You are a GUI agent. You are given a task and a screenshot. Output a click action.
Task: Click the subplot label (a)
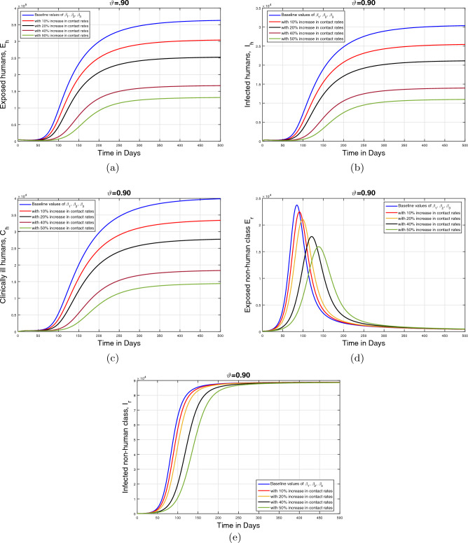point(118,167)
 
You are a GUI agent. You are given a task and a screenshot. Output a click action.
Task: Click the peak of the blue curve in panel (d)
point(297,205)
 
